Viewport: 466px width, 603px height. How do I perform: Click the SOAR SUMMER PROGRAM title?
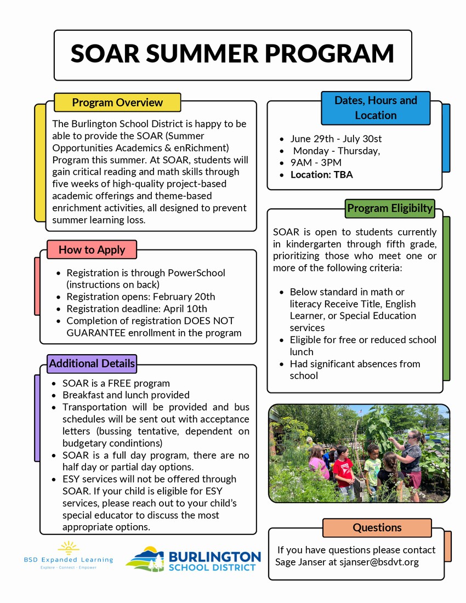(232, 54)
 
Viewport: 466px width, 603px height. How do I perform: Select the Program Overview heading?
(117, 103)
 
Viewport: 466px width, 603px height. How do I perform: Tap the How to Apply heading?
(92, 249)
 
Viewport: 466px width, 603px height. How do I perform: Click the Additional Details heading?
(92, 363)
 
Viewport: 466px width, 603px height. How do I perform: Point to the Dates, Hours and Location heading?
(376, 108)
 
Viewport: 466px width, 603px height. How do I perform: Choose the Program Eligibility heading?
(390, 208)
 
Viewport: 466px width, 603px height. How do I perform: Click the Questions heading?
(377, 527)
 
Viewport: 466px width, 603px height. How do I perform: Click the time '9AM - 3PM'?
(316, 163)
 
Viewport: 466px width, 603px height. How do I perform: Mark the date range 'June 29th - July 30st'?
(336, 139)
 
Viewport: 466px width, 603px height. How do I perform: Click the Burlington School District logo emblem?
(145, 559)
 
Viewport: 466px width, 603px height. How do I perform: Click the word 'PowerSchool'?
(196, 273)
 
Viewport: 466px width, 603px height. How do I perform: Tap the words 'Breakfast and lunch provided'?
(126, 395)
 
